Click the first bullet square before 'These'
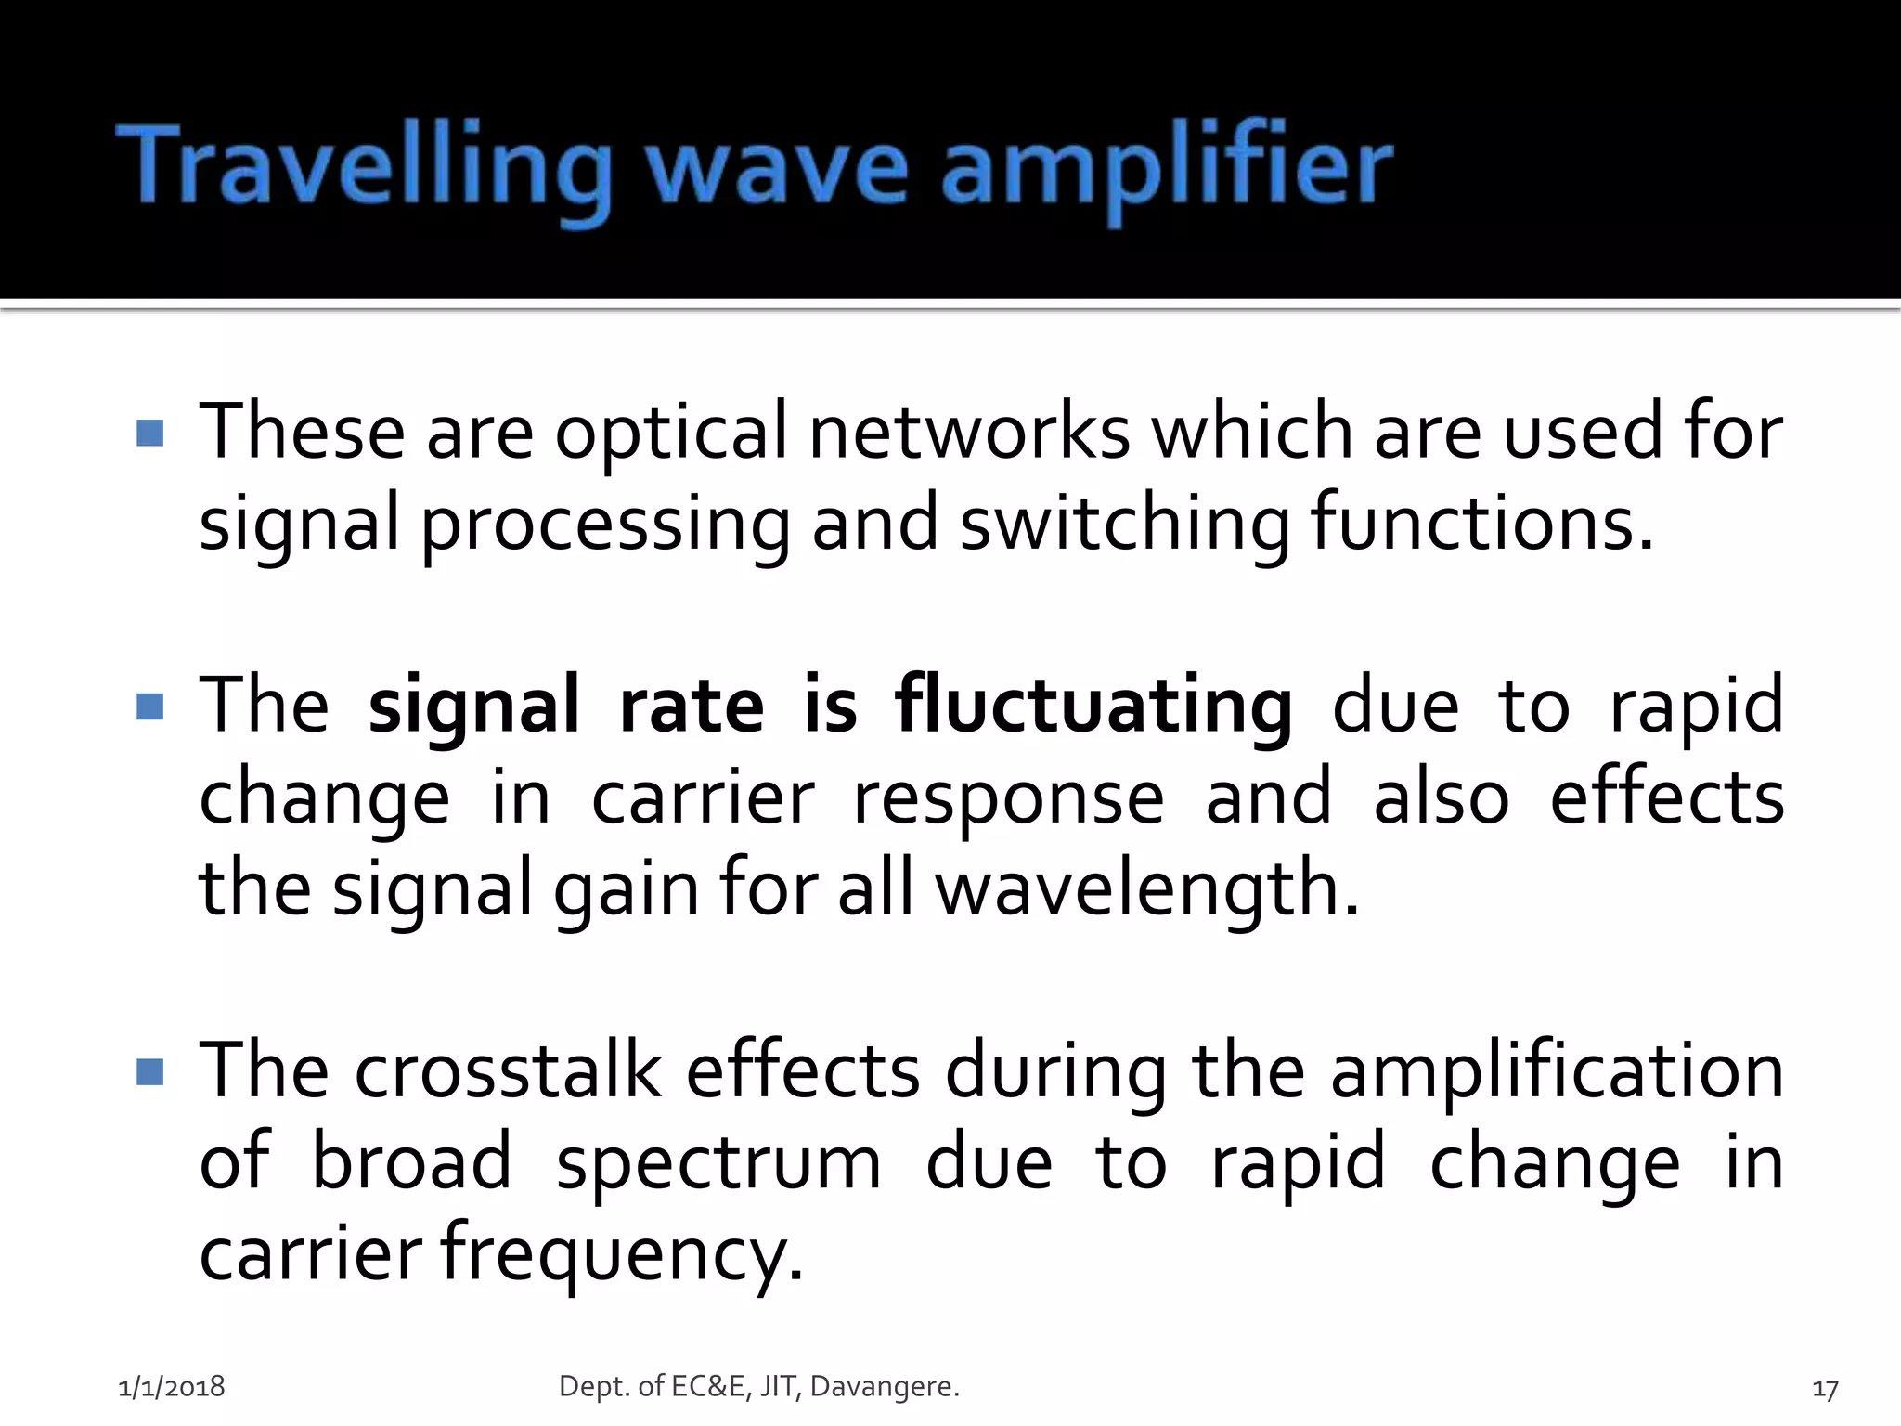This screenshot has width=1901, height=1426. pos(149,433)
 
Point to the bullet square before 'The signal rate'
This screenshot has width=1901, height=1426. pos(149,707)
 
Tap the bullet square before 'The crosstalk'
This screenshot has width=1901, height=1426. pos(149,1073)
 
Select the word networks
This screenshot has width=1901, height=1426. pos(969,433)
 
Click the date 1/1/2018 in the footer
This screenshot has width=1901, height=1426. pos(172,1387)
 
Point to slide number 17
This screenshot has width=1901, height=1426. pos(1825,1389)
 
